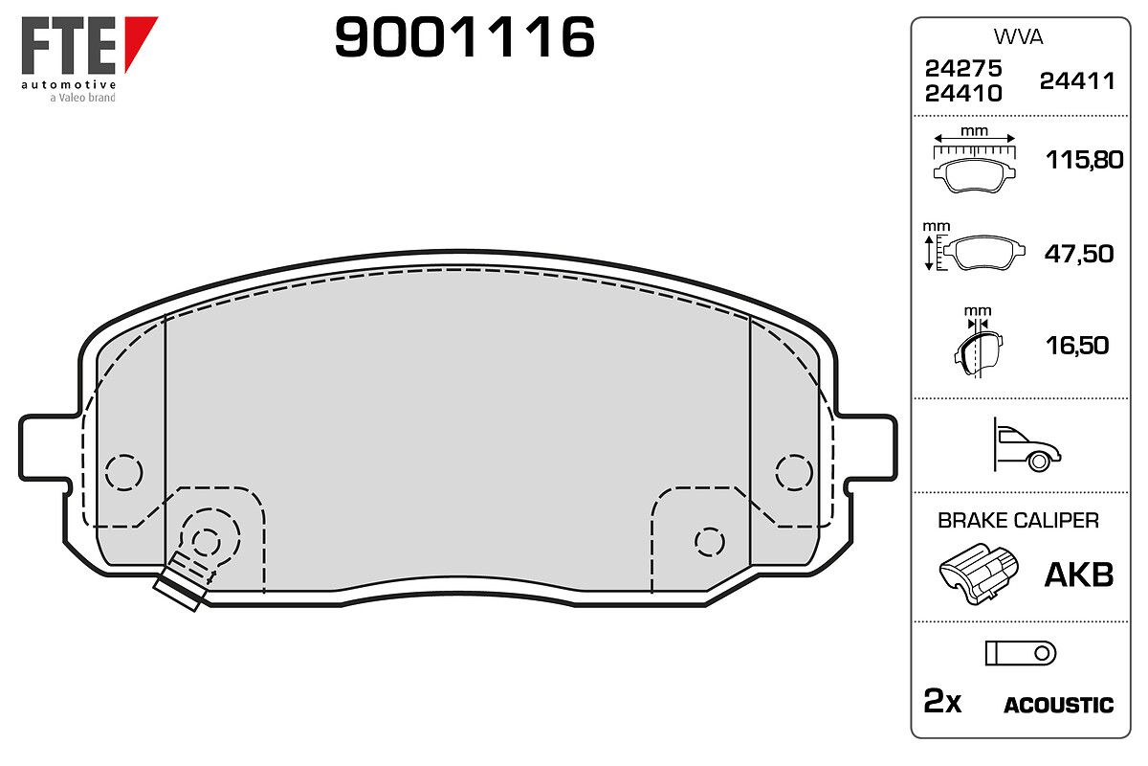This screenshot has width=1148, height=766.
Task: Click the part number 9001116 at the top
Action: (464, 37)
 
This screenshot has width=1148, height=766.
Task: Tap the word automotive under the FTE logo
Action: (69, 84)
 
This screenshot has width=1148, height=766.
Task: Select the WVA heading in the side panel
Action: (1018, 37)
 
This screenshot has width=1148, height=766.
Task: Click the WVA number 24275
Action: (963, 68)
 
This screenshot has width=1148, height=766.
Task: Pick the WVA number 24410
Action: (963, 94)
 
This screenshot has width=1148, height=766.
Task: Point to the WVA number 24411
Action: (1077, 81)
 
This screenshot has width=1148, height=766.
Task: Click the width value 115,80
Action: (1084, 160)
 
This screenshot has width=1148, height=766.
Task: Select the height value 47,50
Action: (1079, 254)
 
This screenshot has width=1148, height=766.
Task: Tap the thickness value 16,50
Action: (1077, 346)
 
